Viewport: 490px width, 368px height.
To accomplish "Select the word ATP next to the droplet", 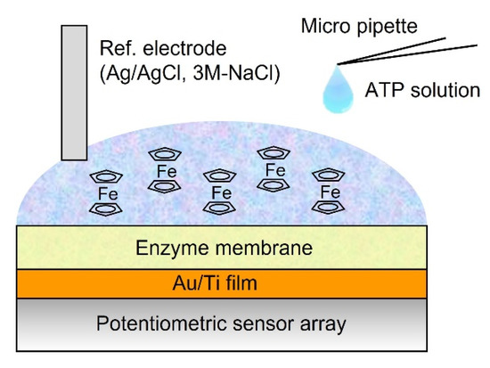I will coord(384,89).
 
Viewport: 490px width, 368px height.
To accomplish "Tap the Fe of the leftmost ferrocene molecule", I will coord(109,192).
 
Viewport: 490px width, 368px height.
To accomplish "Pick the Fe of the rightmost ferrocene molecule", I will coord(331,192).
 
